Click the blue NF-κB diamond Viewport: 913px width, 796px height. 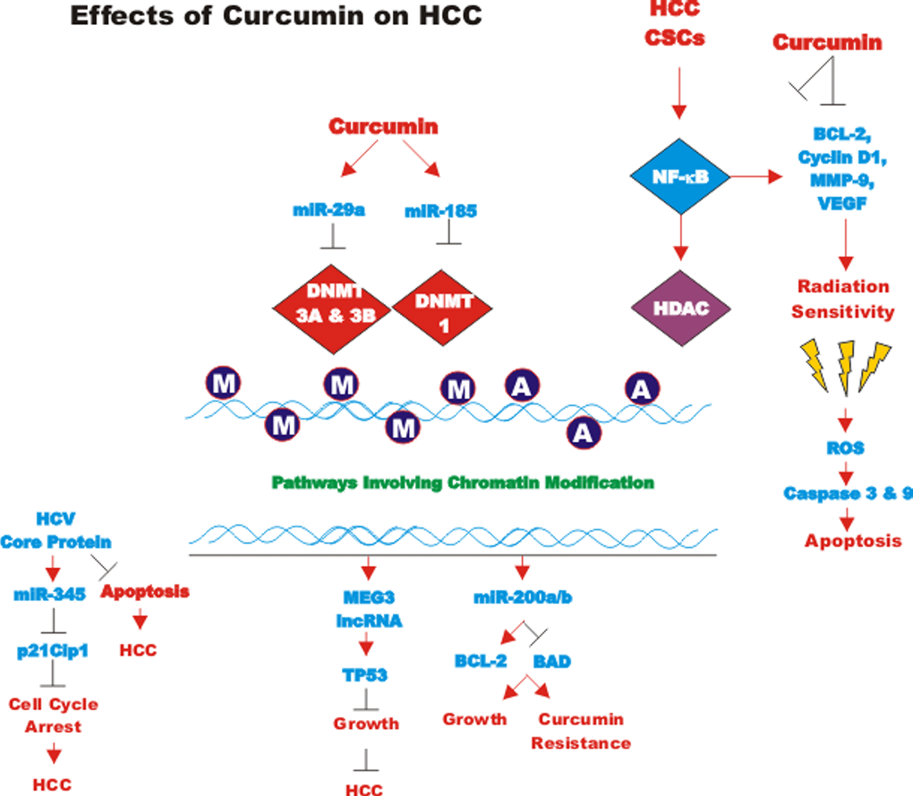click(682, 177)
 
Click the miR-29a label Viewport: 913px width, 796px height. click(328, 211)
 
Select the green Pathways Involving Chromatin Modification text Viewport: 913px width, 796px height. click(463, 482)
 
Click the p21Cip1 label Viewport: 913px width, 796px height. click(53, 650)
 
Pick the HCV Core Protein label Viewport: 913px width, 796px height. click(55, 530)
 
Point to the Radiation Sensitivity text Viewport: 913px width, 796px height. click(845, 300)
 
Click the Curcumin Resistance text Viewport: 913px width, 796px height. click(581, 731)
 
